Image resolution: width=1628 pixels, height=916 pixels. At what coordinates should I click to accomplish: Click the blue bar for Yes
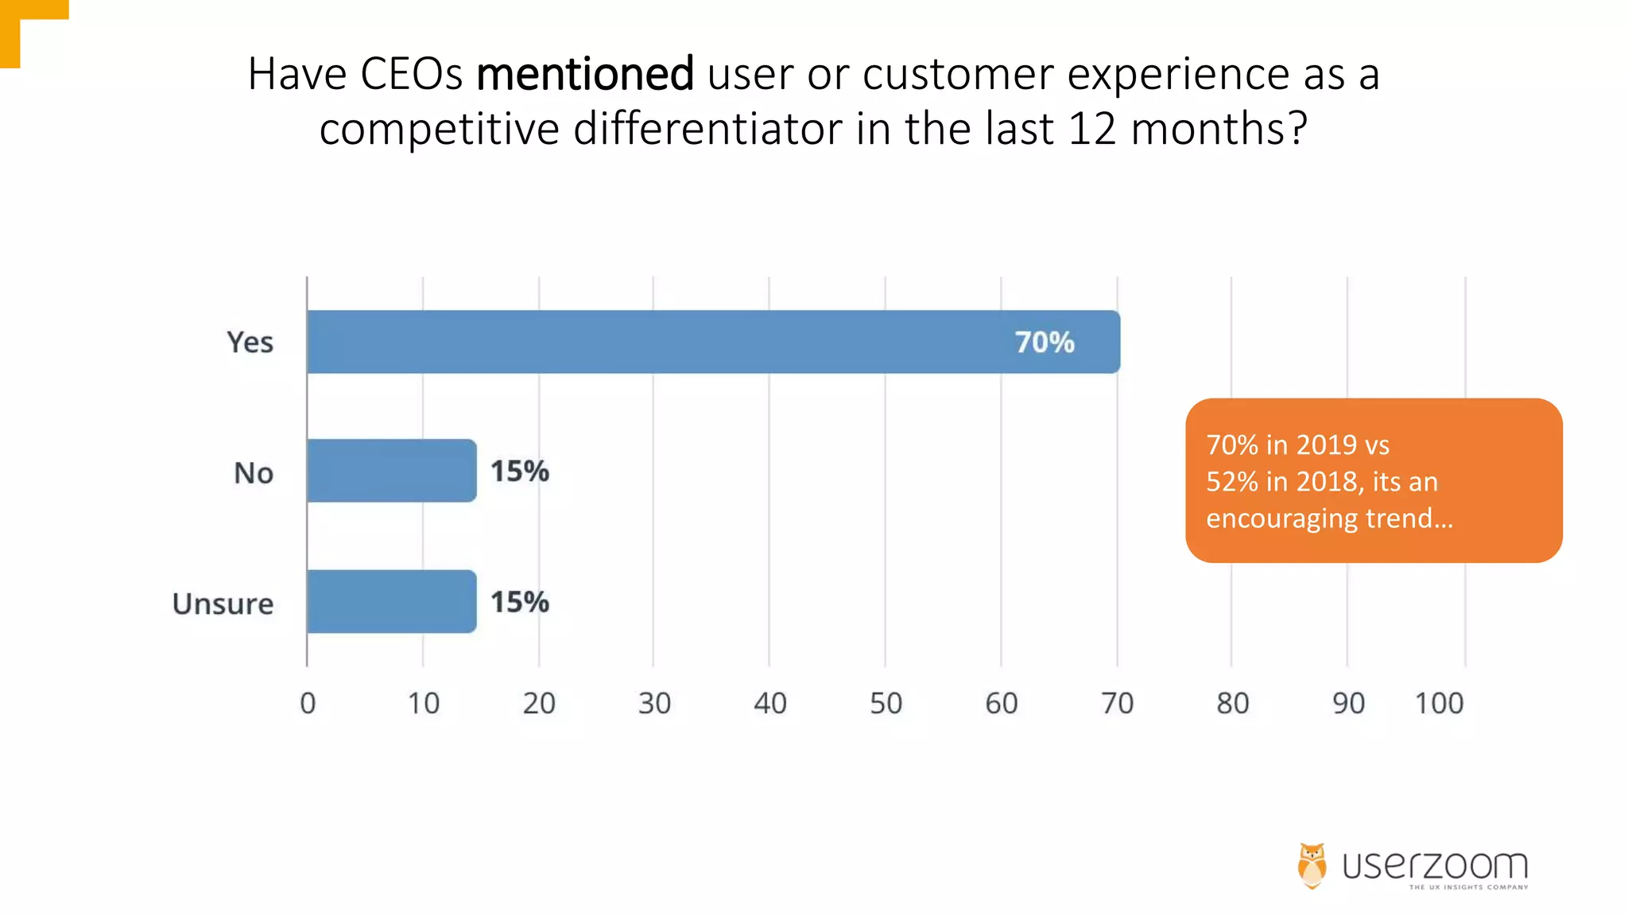(x=660, y=342)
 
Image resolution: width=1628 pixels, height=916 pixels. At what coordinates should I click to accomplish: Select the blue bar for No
(x=391, y=471)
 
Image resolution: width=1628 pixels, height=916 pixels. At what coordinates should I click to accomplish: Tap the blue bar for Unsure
(x=391, y=601)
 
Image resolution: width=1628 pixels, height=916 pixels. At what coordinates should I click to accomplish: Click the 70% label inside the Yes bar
(x=1044, y=343)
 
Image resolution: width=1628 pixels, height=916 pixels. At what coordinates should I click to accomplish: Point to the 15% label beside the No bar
(x=519, y=471)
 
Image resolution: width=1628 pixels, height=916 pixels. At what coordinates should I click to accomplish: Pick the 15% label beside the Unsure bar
(x=519, y=602)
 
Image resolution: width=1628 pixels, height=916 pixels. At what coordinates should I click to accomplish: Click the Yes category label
(x=250, y=342)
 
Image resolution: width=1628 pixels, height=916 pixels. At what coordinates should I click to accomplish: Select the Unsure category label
(x=223, y=604)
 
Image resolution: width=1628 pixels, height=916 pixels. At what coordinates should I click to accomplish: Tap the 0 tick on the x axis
(x=308, y=703)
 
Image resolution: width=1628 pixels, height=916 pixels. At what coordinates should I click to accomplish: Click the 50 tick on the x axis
(x=886, y=703)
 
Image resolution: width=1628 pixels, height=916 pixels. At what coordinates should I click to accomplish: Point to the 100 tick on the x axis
(x=1438, y=703)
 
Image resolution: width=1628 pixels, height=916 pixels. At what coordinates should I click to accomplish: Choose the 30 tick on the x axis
(x=654, y=703)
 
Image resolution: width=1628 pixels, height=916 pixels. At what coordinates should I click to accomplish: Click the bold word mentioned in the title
(x=585, y=74)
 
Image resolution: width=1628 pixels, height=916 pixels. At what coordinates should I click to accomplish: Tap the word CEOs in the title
(x=411, y=74)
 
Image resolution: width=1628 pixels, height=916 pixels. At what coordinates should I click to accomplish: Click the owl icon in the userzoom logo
(x=1312, y=865)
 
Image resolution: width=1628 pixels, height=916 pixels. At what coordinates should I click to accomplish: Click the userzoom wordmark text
(x=1435, y=865)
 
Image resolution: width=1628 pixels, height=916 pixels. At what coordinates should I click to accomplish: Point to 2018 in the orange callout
(x=1326, y=482)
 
